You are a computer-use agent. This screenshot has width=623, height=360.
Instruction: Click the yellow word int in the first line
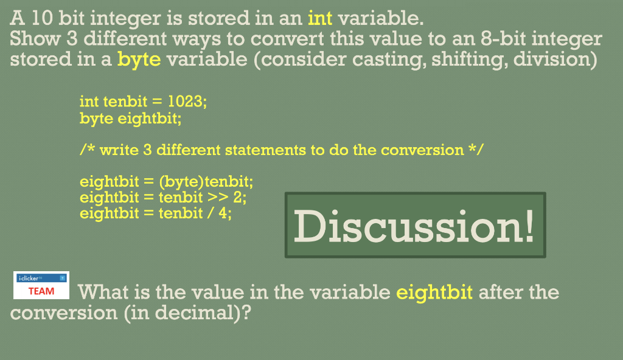point(320,18)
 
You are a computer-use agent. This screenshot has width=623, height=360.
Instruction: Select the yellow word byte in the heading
point(139,60)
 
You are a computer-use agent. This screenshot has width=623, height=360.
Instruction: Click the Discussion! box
point(415,225)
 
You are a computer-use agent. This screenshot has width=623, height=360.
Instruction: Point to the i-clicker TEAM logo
point(41,285)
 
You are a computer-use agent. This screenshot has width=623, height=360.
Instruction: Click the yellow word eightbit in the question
point(434,292)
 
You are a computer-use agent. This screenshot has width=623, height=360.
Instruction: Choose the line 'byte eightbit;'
point(130,118)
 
